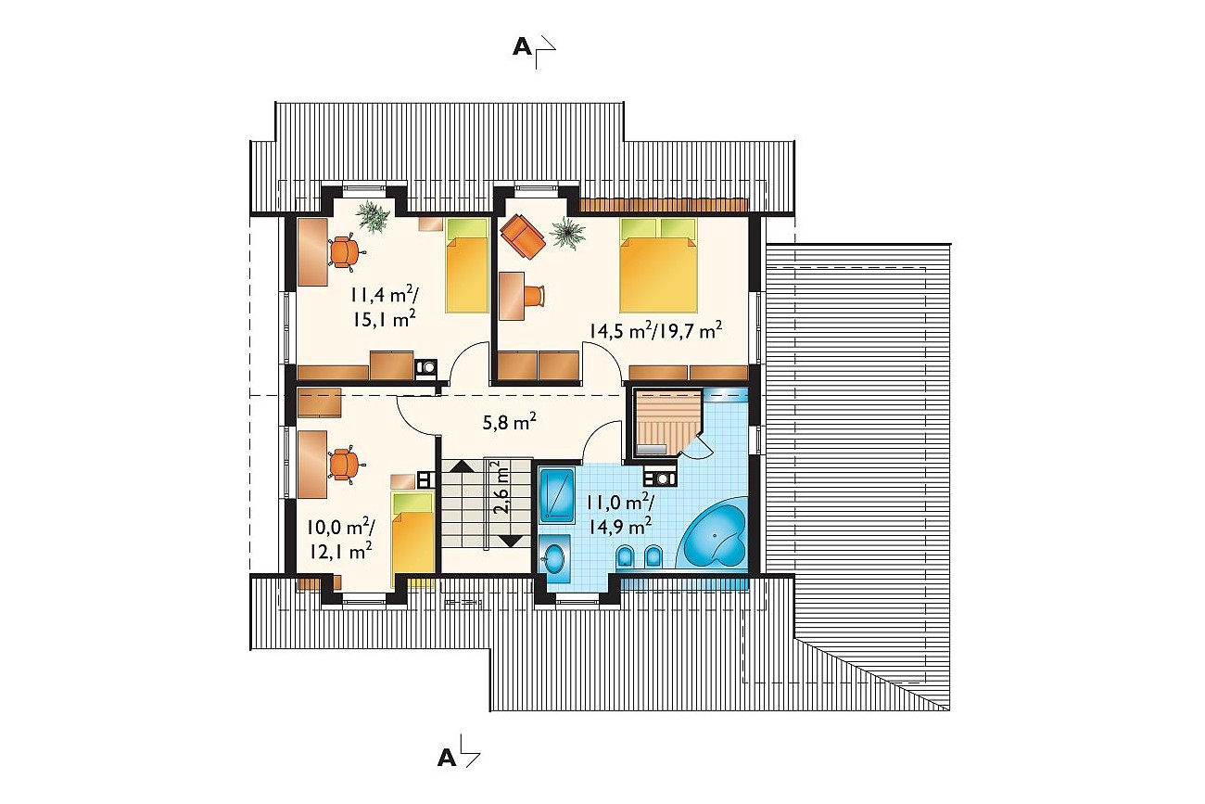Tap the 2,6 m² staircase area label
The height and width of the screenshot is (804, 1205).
pyautogui.click(x=501, y=488)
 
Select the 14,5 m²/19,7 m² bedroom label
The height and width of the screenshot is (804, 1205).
pyautogui.click(x=655, y=330)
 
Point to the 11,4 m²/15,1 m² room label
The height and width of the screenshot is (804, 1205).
pyautogui.click(x=384, y=307)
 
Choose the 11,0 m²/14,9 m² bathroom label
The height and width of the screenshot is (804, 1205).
pyautogui.click(x=620, y=514)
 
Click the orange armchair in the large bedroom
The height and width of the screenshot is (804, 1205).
pyautogui.click(x=523, y=236)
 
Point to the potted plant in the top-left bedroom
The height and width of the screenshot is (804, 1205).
pyautogui.click(x=374, y=216)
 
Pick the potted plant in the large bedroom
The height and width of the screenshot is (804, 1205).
pyautogui.click(x=566, y=233)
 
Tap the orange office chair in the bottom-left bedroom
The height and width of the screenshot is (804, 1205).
pyautogui.click(x=346, y=465)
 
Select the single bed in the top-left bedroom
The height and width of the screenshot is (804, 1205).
pyautogui.click(x=467, y=265)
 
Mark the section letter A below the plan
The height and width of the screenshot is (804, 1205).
pyautogui.click(x=447, y=759)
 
